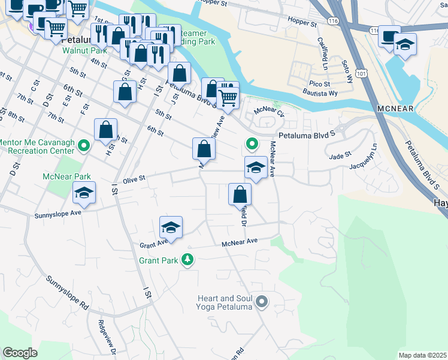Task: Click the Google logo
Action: click(20, 353)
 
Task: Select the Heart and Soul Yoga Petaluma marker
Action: click(261, 302)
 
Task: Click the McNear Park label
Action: click(66, 177)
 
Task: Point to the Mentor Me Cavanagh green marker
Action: click(84, 145)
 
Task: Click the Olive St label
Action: click(134, 178)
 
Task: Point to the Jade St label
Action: click(340, 156)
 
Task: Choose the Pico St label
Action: click(320, 84)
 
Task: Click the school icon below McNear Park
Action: click(84, 193)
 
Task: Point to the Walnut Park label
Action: click(84, 51)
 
